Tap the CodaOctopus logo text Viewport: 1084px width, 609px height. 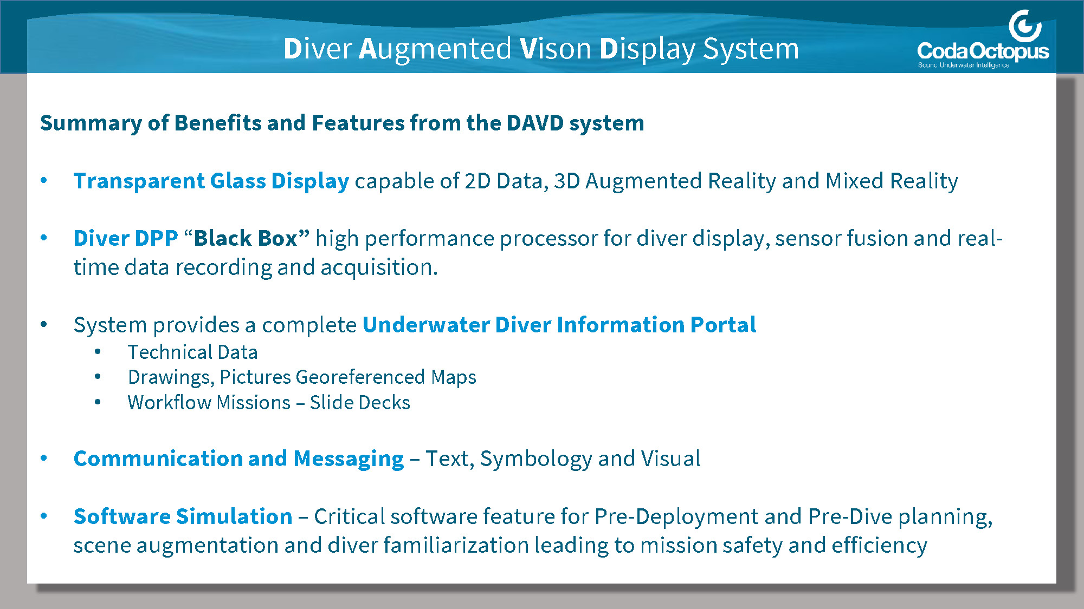(983, 51)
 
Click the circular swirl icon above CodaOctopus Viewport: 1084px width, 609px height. (1025, 25)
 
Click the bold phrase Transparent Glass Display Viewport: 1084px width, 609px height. (211, 181)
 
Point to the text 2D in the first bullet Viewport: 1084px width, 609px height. (478, 181)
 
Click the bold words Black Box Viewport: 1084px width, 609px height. (246, 238)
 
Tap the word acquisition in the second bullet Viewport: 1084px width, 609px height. (379, 267)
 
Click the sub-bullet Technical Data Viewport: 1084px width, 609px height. (192, 352)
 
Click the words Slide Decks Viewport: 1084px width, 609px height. (360, 403)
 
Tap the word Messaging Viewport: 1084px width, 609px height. (349, 459)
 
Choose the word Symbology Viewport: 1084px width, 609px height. (536, 459)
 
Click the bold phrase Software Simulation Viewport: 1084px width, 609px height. (183, 516)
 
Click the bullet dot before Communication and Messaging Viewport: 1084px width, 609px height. (44, 459)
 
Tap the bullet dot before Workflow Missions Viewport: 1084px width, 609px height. (98, 402)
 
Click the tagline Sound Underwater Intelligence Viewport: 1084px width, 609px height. (964, 65)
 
